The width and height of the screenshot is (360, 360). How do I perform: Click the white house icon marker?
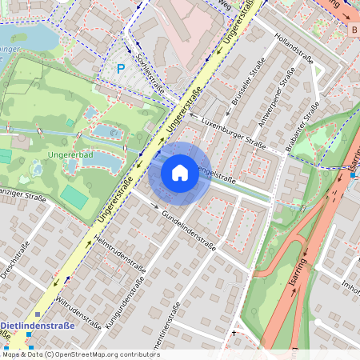click(x=180, y=172)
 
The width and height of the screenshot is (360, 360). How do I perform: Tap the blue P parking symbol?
click(x=121, y=69)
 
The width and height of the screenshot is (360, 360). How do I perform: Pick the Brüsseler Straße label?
click(x=248, y=87)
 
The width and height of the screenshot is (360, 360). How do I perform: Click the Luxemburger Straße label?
click(x=233, y=132)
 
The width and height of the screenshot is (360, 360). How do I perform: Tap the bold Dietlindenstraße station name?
click(x=38, y=326)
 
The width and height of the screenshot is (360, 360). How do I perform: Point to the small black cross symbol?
click(x=234, y=332)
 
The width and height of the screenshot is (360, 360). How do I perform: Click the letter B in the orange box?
click(x=354, y=30)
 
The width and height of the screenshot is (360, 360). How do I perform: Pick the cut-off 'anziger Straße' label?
click(x=22, y=193)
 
